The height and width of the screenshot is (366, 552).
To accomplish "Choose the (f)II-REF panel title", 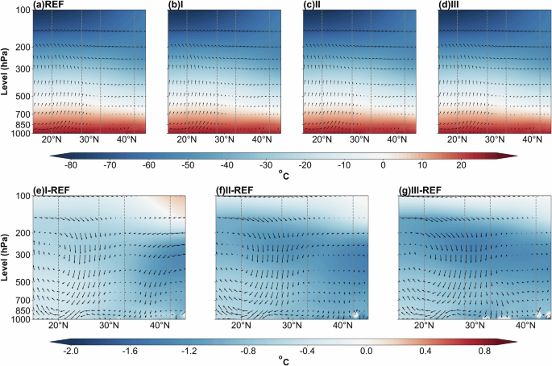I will point(240,191).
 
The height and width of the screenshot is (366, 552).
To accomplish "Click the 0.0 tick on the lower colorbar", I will point(365,352).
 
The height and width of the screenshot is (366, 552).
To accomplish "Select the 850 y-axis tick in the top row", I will point(19,125).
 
